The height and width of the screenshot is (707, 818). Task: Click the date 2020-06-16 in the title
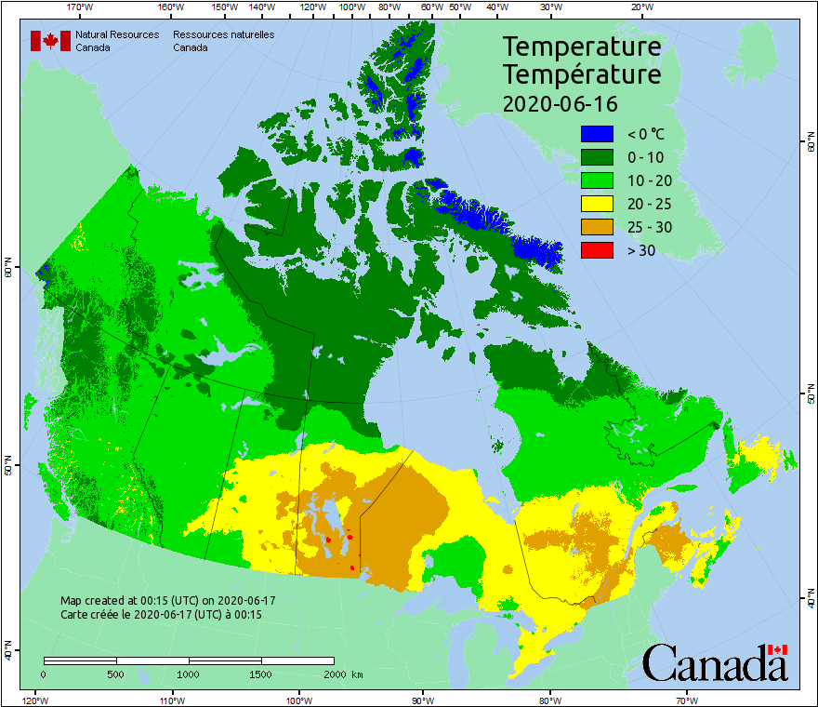(560, 103)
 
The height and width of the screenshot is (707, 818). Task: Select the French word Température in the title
(582, 74)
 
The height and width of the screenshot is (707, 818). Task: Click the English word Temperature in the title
(582, 47)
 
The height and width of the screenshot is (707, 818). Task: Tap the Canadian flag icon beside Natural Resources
(50, 41)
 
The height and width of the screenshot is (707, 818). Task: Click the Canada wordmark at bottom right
(714, 662)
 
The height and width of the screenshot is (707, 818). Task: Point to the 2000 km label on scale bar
(341, 674)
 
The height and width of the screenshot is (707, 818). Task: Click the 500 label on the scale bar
(116, 674)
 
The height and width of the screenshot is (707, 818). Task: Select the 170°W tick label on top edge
(81, 7)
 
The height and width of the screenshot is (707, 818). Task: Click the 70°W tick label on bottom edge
(686, 700)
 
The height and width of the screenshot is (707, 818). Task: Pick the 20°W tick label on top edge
(640, 7)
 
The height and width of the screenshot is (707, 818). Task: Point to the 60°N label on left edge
(7, 271)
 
